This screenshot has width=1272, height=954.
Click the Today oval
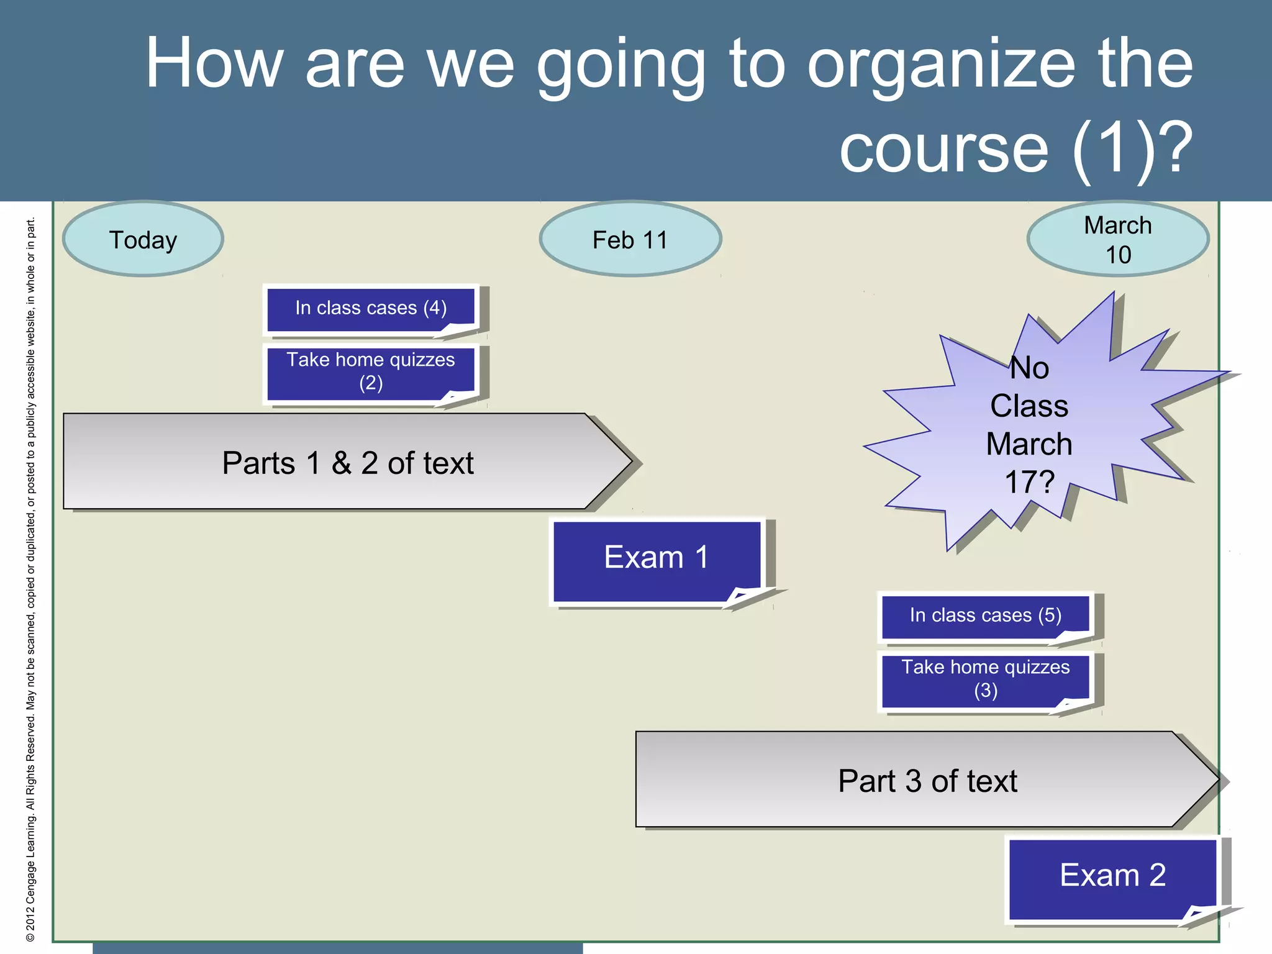(x=143, y=239)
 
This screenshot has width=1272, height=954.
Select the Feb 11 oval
(x=630, y=239)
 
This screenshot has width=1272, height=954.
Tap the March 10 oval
(x=1117, y=239)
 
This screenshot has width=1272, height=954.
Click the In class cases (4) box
(x=371, y=308)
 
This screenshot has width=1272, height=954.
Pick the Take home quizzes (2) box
(x=371, y=371)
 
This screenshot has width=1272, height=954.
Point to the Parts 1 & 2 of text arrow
(x=348, y=462)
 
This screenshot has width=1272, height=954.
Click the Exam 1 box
(x=656, y=558)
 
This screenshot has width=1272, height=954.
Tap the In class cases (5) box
(x=985, y=616)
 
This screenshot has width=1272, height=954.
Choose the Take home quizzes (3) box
(x=985, y=679)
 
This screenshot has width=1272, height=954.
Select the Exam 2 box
(x=1112, y=876)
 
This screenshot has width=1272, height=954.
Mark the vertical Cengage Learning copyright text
(x=30, y=578)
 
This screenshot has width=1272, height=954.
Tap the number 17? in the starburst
(x=1029, y=482)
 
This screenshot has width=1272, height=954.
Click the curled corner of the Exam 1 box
(x=748, y=596)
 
